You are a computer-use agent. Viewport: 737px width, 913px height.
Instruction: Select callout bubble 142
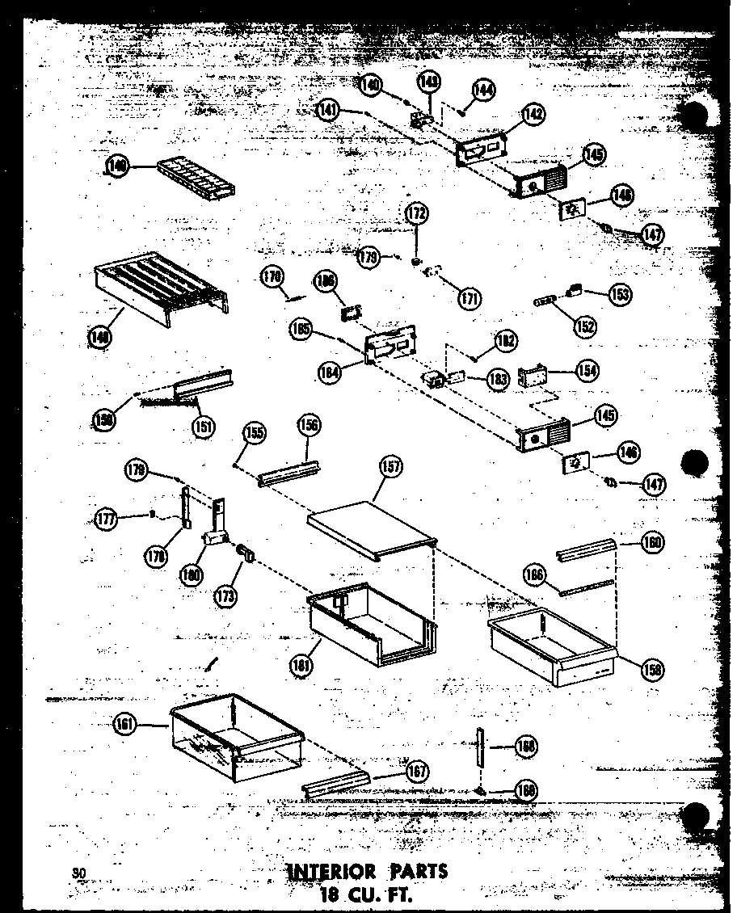click(x=533, y=116)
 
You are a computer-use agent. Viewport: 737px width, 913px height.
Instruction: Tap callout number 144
click(x=485, y=90)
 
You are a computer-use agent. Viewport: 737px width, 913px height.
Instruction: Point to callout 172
click(x=417, y=215)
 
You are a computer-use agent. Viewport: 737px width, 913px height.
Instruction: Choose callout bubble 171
click(x=467, y=297)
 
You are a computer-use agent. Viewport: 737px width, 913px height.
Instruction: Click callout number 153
click(x=621, y=294)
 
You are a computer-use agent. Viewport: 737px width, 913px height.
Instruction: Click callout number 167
click(x=417, y=772)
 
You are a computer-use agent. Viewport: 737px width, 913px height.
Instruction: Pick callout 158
click(x=652, y=667)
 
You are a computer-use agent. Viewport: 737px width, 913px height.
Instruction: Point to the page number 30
click(x=78, y=872)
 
